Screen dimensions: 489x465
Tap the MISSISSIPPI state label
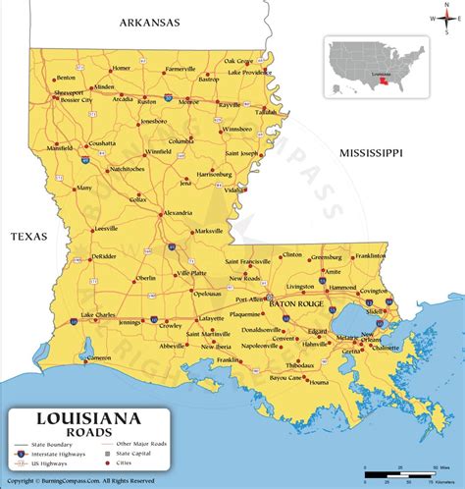coord(372,153)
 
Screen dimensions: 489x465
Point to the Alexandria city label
coord(178,213)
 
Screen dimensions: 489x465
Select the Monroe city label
coord(189,101)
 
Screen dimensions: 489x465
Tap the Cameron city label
coord(99,358)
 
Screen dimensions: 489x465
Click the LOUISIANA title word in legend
coord(89,417)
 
